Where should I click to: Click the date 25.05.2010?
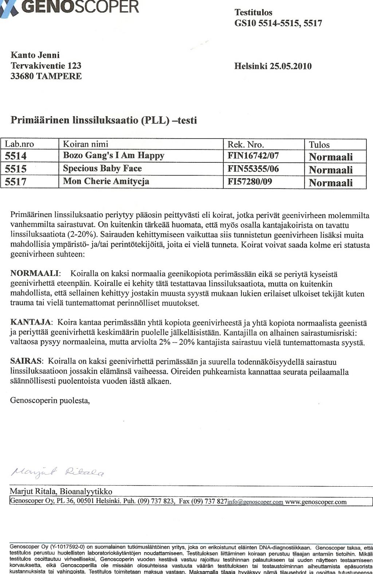[291, 66]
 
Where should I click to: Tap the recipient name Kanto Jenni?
[35, 55]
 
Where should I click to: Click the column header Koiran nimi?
[86, 144]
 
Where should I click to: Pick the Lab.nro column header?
[19, 144]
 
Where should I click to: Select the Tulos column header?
[319, 145]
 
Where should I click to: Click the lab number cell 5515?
[16, 169]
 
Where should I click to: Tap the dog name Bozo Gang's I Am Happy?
[114, 156]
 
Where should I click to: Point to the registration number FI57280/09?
[250, 181]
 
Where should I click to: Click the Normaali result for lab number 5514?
[331, 157]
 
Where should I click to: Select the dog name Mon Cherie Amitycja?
[106, 181]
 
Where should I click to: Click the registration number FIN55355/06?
[253, 169]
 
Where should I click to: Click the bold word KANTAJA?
[31, 322]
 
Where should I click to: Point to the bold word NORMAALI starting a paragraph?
[35, 273]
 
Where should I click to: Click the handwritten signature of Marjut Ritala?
[58, 472]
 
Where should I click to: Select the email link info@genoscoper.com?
[255, 502]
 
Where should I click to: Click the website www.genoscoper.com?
[316, 502]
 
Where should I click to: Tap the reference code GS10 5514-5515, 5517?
[278, 24]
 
